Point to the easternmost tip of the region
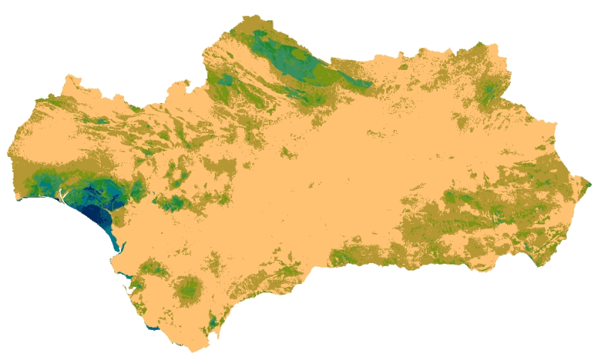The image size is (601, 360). pos(590,183)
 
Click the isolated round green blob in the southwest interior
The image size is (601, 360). pos(188,287)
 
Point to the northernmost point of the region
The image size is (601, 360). pos(259,15)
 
